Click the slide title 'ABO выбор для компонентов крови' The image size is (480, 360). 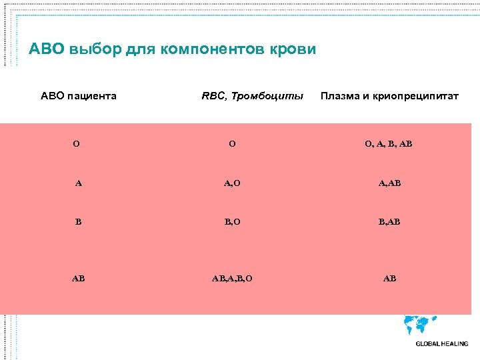pyautogui.click(x=173, y=50)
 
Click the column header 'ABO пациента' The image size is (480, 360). pyautogui.click(x=79, y=96)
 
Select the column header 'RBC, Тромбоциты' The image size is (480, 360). pyautogui.click(x=252, y=96)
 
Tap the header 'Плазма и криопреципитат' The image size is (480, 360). pyautogui.click(x=389, y=96)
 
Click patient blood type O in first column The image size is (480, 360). pyautogui.click(x=77, y=143)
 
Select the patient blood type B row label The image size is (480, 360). pyautogui.click(x=78, y=221)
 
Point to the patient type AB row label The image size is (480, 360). pyautogui.click(x=78, y=278)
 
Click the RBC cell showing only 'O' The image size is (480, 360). pyautogui.click(x=231, y=143)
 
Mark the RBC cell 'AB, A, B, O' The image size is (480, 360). pyautogui.click(x=231, y=278)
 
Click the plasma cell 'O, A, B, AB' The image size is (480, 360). pyautogui.click(x=389, y=143)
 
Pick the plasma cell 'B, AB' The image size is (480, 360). pyautogui.click(x=389, y=221)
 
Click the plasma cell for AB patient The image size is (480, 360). pyautogui.click(x=389, y=278)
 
